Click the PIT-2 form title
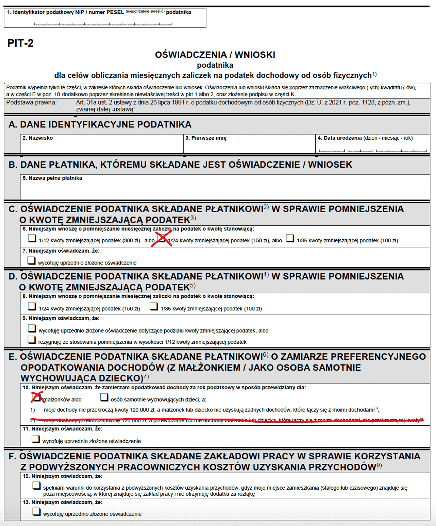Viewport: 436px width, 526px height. pyautogui.click(x=20, y=43)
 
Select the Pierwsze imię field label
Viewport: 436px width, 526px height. pyautogui.click(x=206, y=138)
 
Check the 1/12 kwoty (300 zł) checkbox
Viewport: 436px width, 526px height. pyautogui.click(x=32, y=238)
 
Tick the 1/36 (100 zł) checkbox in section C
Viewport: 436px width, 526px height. pyautogui.click(x=290, y=238)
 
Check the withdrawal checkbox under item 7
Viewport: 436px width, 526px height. pyautogui.click(x=31, y=260)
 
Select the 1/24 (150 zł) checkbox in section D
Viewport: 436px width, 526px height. pyautogui.click(x=32, y=306)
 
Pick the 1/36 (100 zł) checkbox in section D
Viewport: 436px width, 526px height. pyautogui.click(x=154, y=306)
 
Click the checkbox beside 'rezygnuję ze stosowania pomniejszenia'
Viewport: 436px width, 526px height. pyautogui.click(x=32, y=340)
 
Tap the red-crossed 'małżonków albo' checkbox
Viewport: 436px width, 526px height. pyautogui.click(x=36, y=397)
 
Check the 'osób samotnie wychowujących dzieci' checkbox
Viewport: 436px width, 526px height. pyautogui.click(x=104, y=397)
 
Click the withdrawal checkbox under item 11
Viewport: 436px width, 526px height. pyautogui.click(x=36, y=439)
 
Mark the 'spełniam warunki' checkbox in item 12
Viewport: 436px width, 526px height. pyautogui.click(x=36, y=485)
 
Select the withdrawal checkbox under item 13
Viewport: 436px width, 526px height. pyautogui.click(x=36, y=512)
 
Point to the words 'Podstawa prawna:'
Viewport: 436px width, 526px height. pyautogui.click(x=31, y=103)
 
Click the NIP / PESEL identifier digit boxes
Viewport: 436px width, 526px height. pyautogui.click(x=103, y=23)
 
